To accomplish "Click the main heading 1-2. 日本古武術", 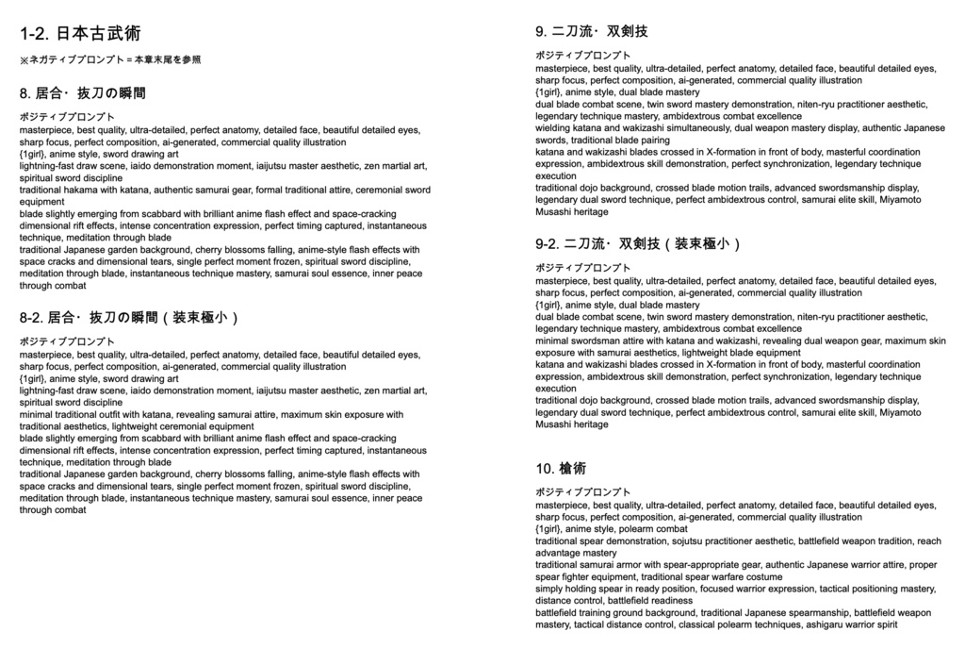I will (80, 34).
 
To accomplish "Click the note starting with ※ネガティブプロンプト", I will (110, 59).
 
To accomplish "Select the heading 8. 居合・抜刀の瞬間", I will (83, 93).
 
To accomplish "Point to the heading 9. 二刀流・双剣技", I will (592, 32).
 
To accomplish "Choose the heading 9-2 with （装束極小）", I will (639, 244).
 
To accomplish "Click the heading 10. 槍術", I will (561, 468).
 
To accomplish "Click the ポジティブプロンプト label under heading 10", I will (583, 492).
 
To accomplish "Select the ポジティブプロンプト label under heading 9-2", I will (583, 268).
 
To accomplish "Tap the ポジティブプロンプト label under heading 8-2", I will (67, 341).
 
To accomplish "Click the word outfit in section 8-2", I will (116, 414).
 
